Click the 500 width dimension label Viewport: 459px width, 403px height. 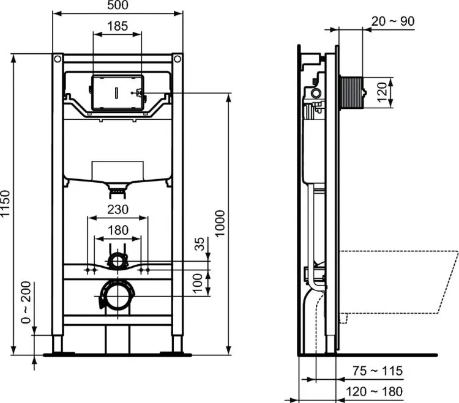pos(118,6)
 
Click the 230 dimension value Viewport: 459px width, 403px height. pos(118,209)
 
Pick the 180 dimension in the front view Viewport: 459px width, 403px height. pos(118,230)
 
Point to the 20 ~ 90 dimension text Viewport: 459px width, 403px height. pos(393,21)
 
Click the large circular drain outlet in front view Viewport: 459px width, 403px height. pos(116,297)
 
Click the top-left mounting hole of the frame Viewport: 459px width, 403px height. pos(58,60)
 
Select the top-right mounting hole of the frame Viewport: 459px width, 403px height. pos(177,60)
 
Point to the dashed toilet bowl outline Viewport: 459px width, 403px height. pos(398,281)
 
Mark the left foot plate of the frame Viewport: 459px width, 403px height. pos(58,352)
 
